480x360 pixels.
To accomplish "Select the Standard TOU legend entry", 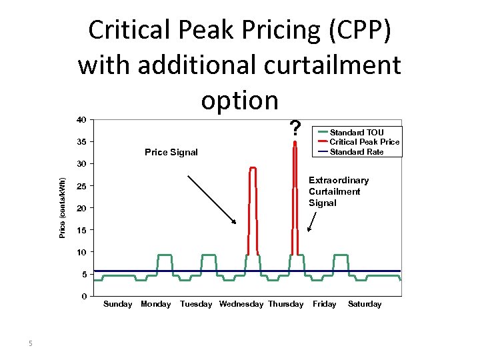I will [x=357, y=132].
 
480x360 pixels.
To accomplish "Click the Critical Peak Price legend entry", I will [x=364, y=142].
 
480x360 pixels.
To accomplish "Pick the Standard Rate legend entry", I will [x=357, y=152].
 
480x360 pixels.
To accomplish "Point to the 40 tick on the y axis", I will [x=81, y=120].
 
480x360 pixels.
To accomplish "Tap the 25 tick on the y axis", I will [x=81, y=186].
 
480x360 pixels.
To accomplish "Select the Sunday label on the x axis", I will [x=118, y=305].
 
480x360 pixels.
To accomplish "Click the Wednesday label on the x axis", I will [x=241, y=305].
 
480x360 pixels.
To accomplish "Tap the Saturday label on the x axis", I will [x=365, y=305].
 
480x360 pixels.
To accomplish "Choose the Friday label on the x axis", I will [x=325, y=305].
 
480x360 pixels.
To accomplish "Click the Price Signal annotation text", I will [x=171, y=153].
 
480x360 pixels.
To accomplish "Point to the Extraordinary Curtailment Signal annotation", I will [x=338, y=192].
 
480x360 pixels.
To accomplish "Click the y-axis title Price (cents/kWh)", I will [x=62, y=207].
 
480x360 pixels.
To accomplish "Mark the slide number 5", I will [x=30, y=344].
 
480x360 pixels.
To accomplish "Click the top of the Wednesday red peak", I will [x=253, y=167].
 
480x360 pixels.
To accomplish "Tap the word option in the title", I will [x=239, y=100].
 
